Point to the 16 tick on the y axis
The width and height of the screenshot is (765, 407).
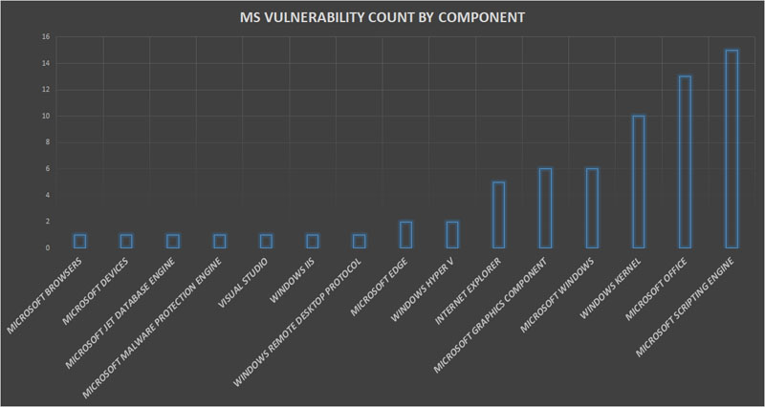[x=46, y=37]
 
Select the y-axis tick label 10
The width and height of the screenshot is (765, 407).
[x=46, y=117]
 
